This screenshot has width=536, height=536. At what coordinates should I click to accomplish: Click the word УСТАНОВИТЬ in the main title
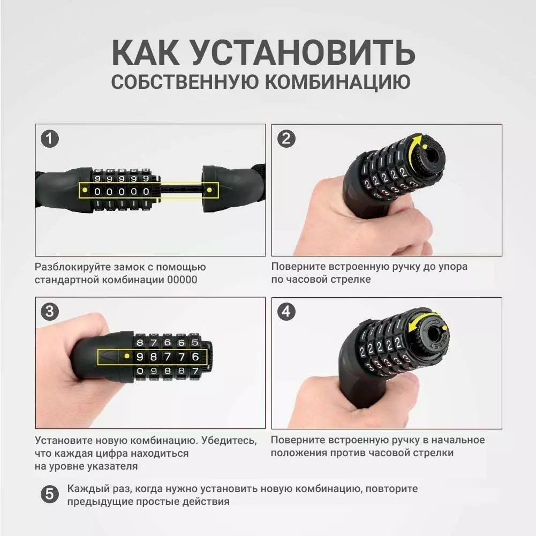(x=303, y=52)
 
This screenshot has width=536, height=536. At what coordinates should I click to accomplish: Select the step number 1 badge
(x=50, y=139)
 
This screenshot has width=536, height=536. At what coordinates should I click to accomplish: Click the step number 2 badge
(x=286, y=139)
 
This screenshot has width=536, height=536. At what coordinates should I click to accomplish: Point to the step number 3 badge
(x=50, y=312)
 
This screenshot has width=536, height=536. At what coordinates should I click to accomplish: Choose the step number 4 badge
(x=286, y=312)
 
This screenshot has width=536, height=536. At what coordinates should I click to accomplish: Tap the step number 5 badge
(x=50, y=494)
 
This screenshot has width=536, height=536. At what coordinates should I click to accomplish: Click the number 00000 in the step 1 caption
(x=182, y=280)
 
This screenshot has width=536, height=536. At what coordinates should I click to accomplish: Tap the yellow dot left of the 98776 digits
(x=127, y=356)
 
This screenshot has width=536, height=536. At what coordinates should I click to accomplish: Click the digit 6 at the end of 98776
(x=195, y=357)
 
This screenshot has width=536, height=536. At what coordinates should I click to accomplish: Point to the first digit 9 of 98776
(x=140, y=357)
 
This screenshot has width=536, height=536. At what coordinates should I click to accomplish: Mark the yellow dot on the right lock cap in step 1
(x=209, y=190)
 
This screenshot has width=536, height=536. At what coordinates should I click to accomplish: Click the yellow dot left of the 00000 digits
(x=85, y=190)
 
